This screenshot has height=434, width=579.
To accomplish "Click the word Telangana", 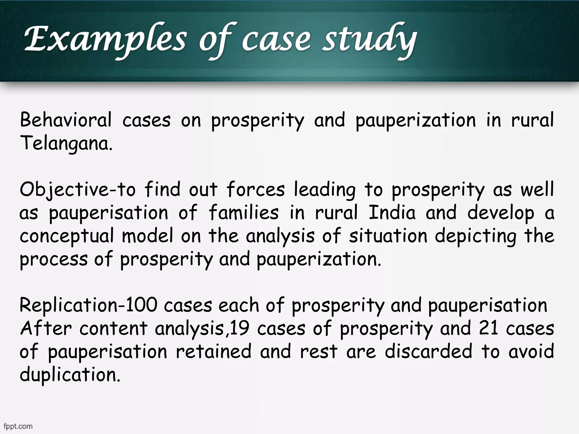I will point(66,143).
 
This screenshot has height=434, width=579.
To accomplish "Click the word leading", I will point(325,190).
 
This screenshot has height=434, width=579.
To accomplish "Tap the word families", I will point(244,212).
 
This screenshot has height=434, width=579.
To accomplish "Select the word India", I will point(392,212).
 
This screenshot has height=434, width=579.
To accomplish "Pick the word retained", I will point(213,351).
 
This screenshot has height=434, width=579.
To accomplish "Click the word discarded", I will point(428,351).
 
